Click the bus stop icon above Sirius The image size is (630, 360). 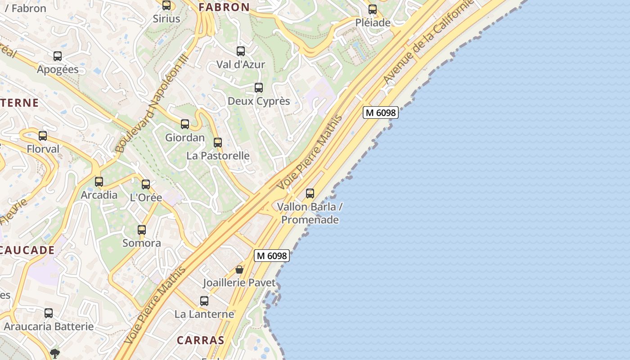(166, 5)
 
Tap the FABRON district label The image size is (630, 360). (224, 7)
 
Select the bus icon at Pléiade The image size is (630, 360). (373, 9)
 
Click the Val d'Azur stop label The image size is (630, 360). (241, 64)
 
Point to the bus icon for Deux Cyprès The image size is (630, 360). (259, 88)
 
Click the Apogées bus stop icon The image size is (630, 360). (58, 56)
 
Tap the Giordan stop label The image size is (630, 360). (185, 138)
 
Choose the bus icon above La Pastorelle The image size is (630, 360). (218, 143)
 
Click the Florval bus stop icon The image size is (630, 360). (43, 135)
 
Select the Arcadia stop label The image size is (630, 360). (99, 195)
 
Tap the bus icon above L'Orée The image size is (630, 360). (146, 184)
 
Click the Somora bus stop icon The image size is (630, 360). (142, 230)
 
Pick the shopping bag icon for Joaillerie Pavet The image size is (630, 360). (239, 270)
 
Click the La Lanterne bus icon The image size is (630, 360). (204, 301)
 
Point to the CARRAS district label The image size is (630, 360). (200, 340)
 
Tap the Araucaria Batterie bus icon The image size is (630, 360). (49, 313)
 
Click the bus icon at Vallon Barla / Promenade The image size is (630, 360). (310, 193)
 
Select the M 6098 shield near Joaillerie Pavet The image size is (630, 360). (271, 256)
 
